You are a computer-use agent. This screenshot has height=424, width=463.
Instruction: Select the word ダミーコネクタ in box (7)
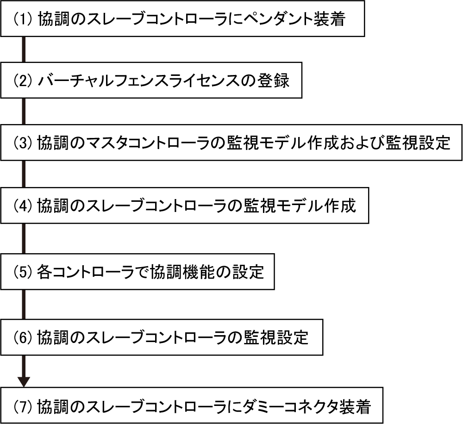point(278,405)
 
